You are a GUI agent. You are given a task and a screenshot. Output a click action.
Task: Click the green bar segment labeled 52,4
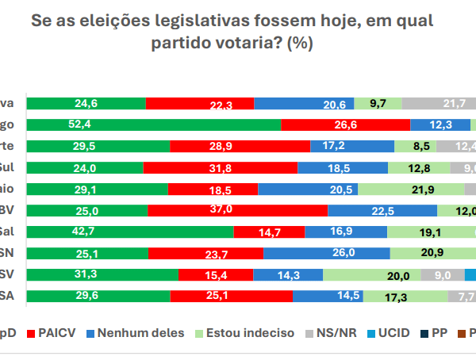(153, 124)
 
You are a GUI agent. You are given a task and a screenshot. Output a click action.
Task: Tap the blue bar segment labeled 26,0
(326, 253)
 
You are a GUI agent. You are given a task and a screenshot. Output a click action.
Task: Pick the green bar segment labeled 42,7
(130, 232)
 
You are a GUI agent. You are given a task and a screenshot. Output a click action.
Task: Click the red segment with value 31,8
(220, 167)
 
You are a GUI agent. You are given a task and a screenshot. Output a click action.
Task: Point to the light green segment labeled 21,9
(411, 189)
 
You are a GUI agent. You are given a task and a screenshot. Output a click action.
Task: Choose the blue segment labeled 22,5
(382, 210)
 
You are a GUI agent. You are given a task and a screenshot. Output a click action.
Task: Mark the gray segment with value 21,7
(440, 103)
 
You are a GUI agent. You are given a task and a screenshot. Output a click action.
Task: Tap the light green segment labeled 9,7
(378, 103)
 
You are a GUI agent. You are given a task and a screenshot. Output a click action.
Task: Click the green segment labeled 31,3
(102, 274)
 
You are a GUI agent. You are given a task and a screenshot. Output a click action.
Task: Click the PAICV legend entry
(57, 332)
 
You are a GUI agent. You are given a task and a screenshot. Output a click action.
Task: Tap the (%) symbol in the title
(300, 44)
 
